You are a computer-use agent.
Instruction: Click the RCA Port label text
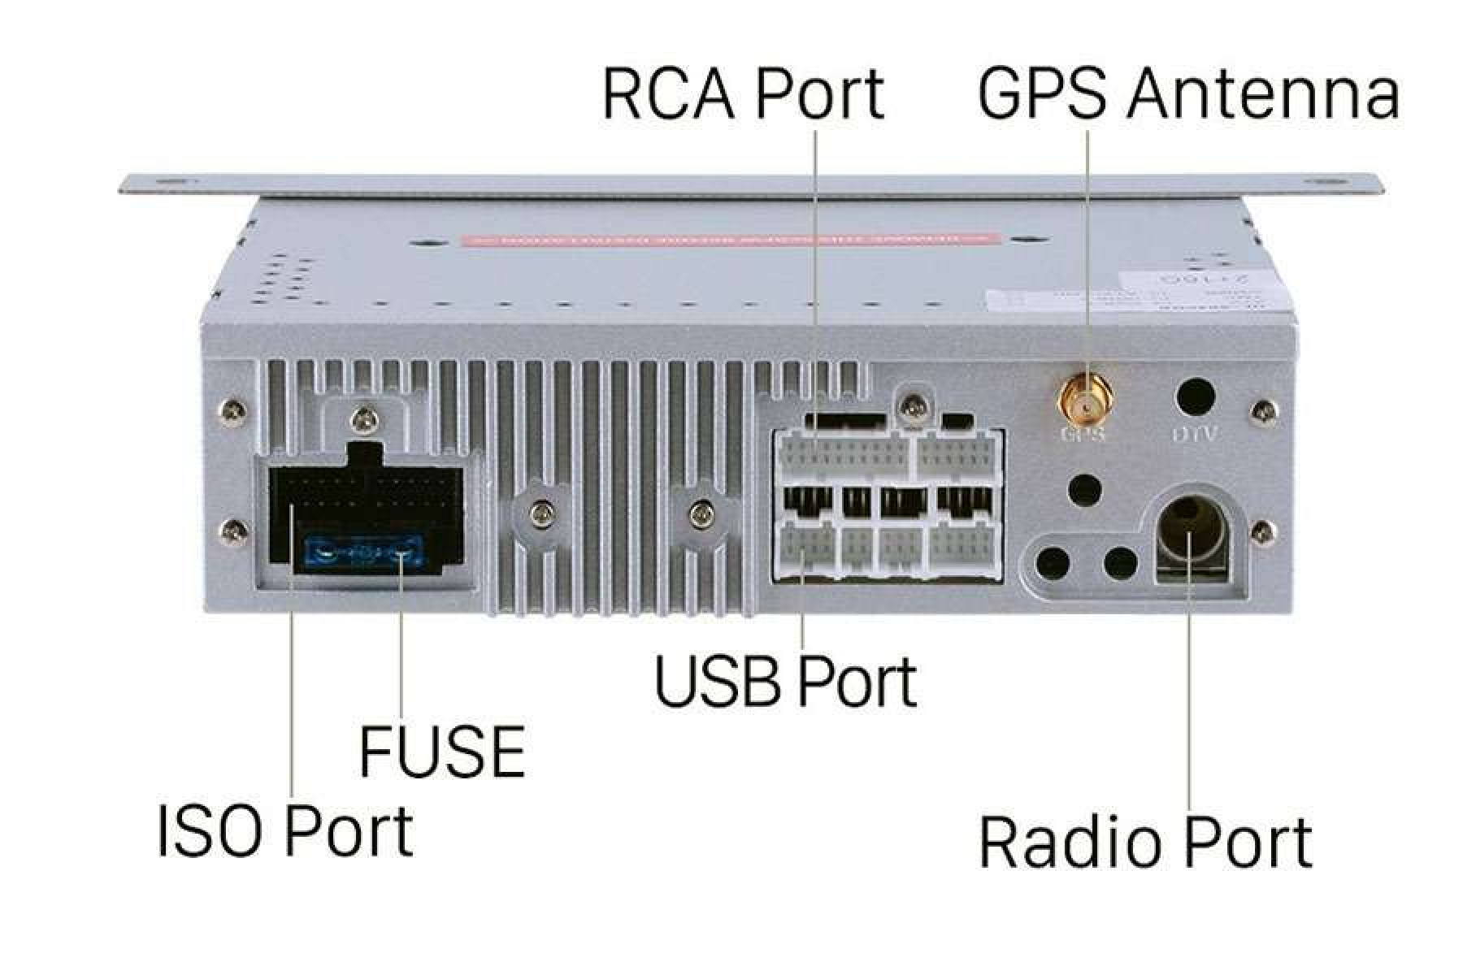coord(742,95)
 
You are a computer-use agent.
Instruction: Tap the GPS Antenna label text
coord(1187,95)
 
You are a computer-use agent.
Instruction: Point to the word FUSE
coord(441,752)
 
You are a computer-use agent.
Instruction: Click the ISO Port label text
coord(285,831)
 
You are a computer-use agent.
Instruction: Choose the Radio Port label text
coord(1145,843)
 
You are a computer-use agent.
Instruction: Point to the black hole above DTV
coord(1196,397)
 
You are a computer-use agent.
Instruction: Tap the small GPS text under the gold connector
coord(1083,435)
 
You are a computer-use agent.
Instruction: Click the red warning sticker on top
coord(728,240)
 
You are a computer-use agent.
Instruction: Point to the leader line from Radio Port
coord(1190,691)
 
